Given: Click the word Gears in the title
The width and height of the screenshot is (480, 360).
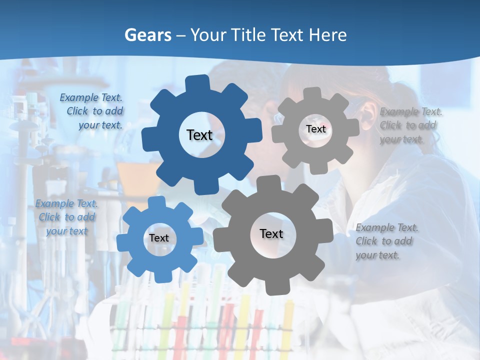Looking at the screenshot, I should click(147, 35).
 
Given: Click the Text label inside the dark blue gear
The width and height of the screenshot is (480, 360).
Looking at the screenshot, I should click(199, 135).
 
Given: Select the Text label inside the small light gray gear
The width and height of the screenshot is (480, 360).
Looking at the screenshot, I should click(315, 129).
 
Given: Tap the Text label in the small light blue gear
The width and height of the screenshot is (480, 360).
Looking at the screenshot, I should click(159, 238).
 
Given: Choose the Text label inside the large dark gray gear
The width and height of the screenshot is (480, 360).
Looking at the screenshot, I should click(271, 233).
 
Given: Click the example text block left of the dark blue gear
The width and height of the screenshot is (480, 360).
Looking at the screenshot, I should click(92, 111).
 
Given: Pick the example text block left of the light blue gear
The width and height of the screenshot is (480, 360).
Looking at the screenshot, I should click(66, 217).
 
